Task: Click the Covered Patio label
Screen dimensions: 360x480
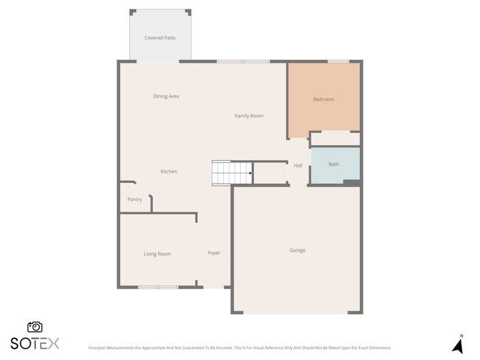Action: tap(160, 38)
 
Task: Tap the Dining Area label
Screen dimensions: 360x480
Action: tap(166, 97)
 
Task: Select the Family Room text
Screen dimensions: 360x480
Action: tap(249, 116)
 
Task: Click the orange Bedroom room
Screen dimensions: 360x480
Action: tap(323, 100)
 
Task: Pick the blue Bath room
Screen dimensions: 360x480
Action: tap(334, 164)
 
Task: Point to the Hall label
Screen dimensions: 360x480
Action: tap(298, 165)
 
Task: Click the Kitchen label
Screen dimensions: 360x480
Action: tap(169, 172)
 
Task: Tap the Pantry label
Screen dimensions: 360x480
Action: tap(134, 199)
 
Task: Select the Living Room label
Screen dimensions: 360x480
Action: tap(157, 254)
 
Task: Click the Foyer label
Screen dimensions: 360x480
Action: tap(214, 253)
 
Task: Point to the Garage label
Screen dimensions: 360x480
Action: tap(298, 250)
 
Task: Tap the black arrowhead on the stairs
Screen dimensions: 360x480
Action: tap(250, 174)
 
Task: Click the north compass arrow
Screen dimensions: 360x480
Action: tap(457, 345)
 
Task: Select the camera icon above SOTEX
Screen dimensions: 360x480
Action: tap(35, 327)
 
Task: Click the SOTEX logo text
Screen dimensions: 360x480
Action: tap(35, 343)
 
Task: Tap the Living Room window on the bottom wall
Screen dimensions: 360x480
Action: tap(158, 287)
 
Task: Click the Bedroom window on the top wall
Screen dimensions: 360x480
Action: tap(338, 61)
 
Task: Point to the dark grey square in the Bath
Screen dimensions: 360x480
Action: tap(352, 181)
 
